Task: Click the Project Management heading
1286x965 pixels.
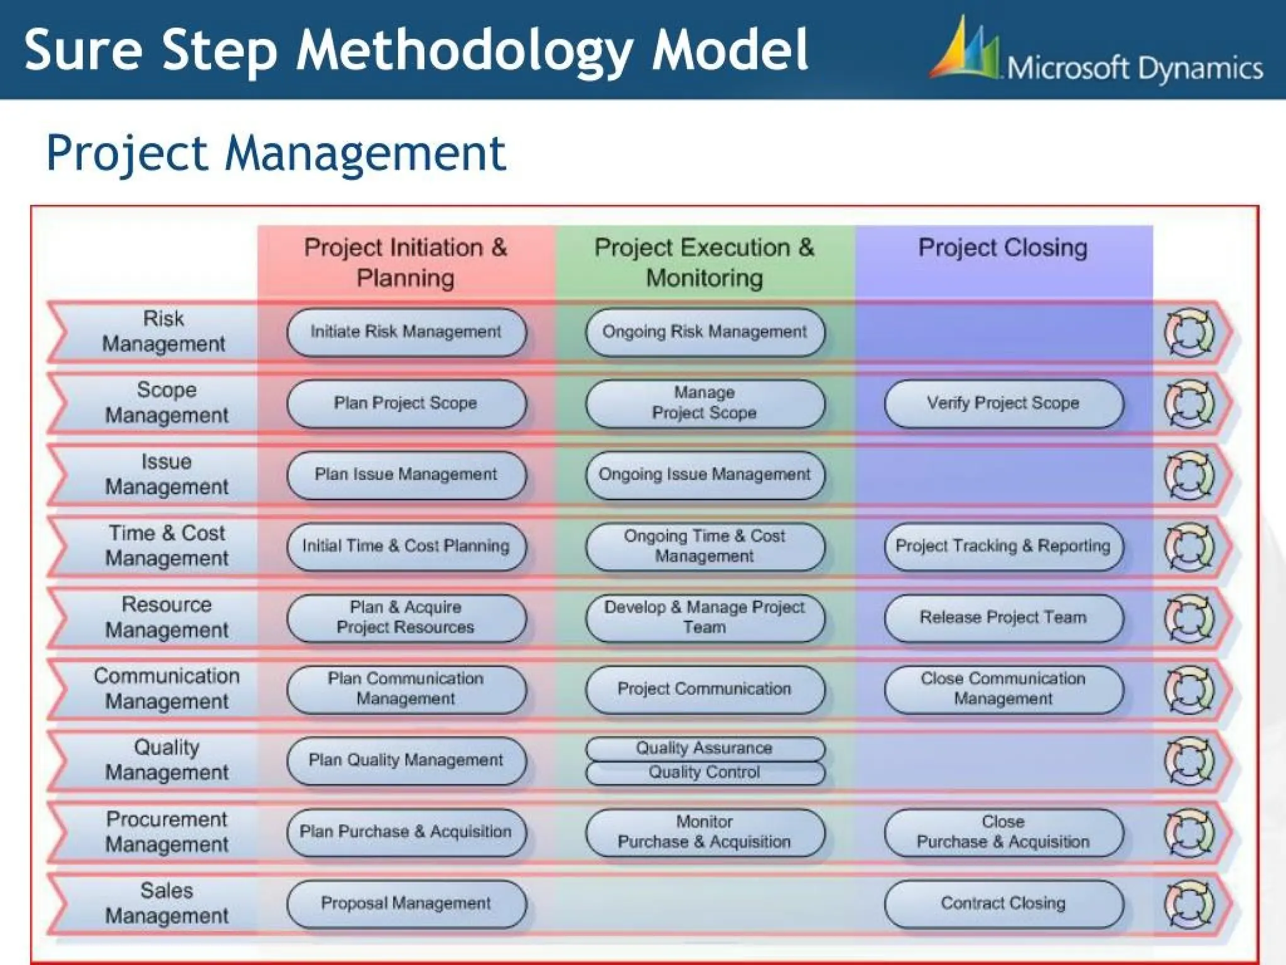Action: [x=276, y=153]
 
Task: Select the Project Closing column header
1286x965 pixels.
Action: [x=1003, y=248]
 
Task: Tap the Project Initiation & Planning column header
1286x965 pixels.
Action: [x=406, y=262]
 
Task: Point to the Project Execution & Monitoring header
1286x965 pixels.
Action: [x=704, y=262]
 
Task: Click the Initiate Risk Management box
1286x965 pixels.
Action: [x=406, y=332]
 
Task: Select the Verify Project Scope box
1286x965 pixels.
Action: [x=1003, y=403]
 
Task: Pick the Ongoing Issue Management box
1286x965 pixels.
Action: [x=704, y=475]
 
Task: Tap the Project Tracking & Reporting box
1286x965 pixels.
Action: [x=1003, y=546]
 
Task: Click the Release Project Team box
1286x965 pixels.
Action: [x=1003, y=618]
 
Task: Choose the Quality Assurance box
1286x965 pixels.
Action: [x=704, y=748]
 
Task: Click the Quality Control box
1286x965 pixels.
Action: [x=704, y=773]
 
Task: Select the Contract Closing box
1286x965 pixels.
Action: [x=1003, y=903]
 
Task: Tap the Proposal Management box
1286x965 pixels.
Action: [x=406, y=903]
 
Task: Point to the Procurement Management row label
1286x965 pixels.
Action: [x=166, y=832]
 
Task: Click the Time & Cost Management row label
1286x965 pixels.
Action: [x=166, y=546]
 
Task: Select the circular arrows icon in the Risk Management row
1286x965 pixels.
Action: [x=1189, y=332]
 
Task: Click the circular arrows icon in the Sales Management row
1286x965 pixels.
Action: [x=1189, y=904]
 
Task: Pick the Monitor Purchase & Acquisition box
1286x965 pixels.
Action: [x=704, y=832]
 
